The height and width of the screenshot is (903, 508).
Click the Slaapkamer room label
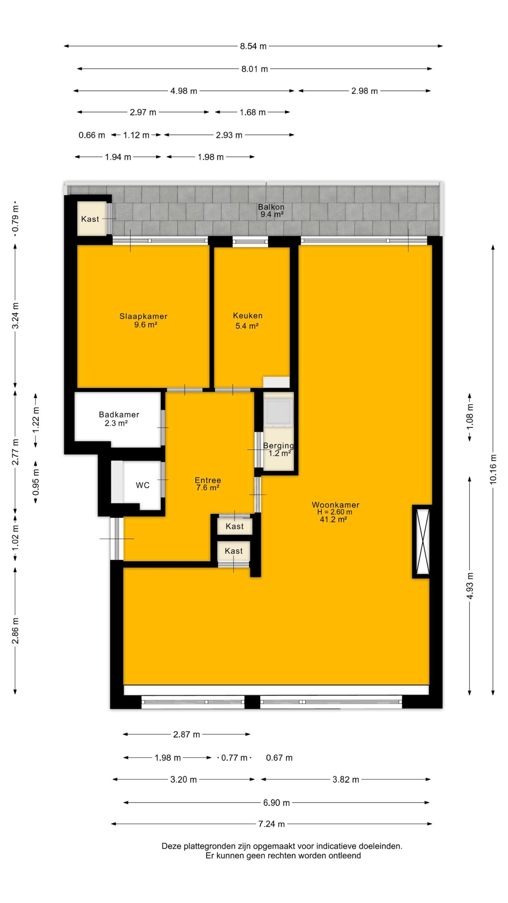coord(143,316)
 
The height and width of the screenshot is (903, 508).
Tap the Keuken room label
coord(248,316)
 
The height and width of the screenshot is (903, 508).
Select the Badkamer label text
coord(119,414)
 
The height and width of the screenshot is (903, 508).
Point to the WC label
coord(143,485)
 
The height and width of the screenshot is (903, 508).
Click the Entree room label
coord(208,480)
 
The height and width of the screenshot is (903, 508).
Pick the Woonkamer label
coord(335,505)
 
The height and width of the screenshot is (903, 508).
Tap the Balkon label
coord(271,207)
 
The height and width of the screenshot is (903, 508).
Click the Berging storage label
coord(278,446)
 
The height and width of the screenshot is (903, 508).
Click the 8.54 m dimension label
coord(253,46)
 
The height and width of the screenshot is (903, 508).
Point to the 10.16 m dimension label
coord(493,469)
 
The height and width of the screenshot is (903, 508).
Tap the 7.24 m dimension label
coord(271,824)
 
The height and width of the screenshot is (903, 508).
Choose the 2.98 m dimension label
coord(364,91)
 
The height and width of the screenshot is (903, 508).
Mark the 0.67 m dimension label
coord(279,758)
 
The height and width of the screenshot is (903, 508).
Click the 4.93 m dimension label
coord(470,586)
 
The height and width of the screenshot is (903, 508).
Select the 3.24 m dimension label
coord(16,316)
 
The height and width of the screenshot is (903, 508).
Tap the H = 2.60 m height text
coord(334,512)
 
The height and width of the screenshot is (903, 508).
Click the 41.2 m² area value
coord(333,519)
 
